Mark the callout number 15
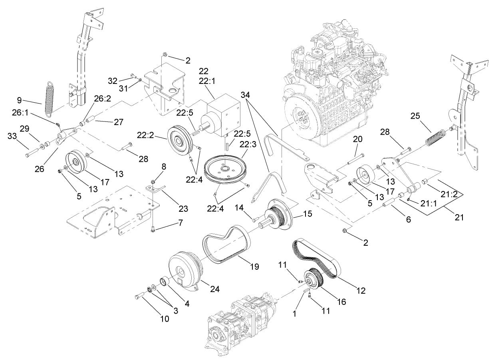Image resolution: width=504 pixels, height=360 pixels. point(308,214)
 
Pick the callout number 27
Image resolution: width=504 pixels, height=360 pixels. point(118,123)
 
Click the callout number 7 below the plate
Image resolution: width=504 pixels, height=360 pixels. point(181,223)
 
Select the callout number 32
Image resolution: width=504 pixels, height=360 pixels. point(113,80)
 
